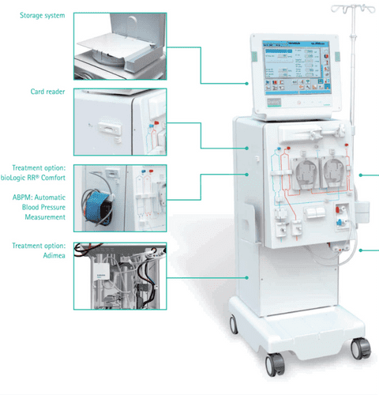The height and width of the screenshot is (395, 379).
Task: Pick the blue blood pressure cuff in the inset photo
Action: pos(102,201)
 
